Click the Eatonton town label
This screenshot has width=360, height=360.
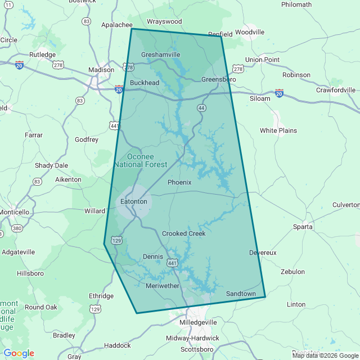[134, 201]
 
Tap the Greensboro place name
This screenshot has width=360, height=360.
[218, 80]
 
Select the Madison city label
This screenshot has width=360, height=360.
[101, 70]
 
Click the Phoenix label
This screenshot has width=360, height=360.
[179, 182]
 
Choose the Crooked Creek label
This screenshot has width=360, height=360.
[183, 233]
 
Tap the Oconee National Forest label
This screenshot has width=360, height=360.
[140, 160]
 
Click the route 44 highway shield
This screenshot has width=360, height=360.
[201, 107]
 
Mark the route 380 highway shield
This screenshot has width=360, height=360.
[17, 228]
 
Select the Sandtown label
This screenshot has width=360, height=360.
[241, 294]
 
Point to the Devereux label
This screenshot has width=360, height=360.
[263, 253]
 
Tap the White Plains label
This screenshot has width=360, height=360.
[278, 130]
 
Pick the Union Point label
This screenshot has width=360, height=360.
[262, 59]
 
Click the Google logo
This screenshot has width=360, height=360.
[19, 353]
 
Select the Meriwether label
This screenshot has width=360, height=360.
[162, 286]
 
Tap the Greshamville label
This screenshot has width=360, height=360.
[160, 55]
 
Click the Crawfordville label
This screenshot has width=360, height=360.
[335, 89]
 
